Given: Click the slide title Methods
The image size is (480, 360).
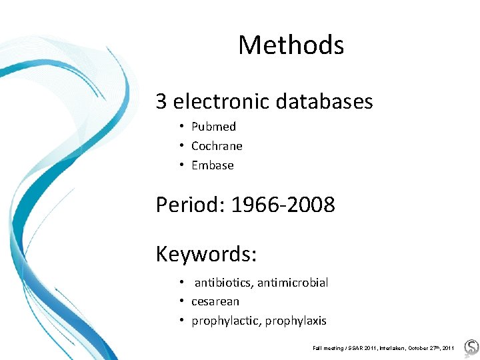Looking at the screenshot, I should point(291,45).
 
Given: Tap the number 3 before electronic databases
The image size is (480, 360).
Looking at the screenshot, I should point(161,101).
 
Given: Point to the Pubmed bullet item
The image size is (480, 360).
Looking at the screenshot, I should point(213,127).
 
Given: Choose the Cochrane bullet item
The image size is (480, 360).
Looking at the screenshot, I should point(217,146).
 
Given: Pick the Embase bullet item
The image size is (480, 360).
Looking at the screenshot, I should point(212,165).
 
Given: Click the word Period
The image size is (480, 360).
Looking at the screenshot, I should point(189,205).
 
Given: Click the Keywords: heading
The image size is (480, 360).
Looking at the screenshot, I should point(206,254).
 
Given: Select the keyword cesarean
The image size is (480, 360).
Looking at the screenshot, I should point(215,301).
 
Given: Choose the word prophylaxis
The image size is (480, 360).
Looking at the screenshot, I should point(296,321).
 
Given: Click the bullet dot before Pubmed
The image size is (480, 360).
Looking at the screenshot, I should point(181,127).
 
